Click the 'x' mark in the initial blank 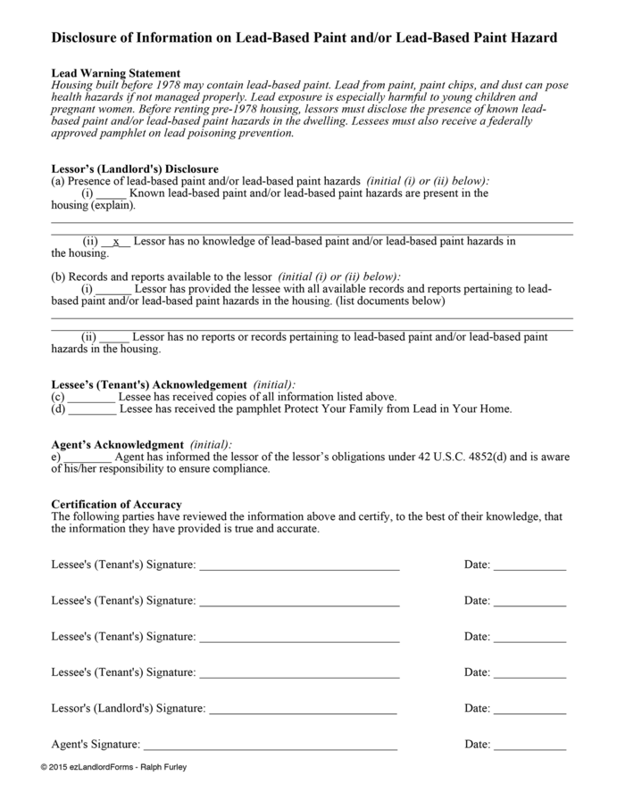[116, 242]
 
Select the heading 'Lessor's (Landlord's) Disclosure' [135, 169]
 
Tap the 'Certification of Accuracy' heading [116, 505]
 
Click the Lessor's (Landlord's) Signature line [303, 709]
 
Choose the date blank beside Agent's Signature [529, 745]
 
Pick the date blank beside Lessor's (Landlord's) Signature [529, 709]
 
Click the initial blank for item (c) [91, 397]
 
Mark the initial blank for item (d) [91, 409]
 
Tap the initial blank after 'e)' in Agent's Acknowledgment [88, 458]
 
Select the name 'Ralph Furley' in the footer [162, 767]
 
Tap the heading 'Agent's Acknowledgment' [117, 444]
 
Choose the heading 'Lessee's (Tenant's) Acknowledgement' [149, 384]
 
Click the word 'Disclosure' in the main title [87, 38]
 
